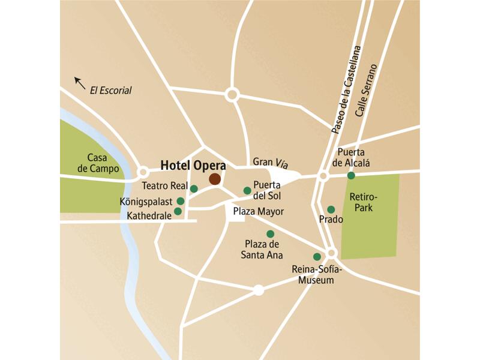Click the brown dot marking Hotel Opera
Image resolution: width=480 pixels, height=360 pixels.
pyautogui.click(x=214, y=179)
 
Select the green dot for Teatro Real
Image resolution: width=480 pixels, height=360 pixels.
pyautogui.click(x=194, y=188)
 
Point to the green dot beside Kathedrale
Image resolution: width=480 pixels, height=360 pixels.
pyautogui.click(x=178, y=211)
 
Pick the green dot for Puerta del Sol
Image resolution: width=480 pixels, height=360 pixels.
pyautogui.click(x=247, y=190)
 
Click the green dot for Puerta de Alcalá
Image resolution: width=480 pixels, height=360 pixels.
pyautogui.click(x=351, y=176)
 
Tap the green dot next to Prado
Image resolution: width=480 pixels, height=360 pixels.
pyautogui.click(x=331, y=209)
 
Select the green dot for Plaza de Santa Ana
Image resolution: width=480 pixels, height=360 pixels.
pyautogui.click(x=270, y=233)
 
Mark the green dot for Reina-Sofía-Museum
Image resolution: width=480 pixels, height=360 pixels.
pyautogui.click(x=317, y=257)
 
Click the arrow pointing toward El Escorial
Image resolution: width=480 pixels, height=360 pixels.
pyautogui.click(x=79, y=82)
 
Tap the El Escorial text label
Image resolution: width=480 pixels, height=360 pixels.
pyautogui.click(x=110, y=91)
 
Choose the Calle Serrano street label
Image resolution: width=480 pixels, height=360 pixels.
pyautogui.click(x=367, y=90)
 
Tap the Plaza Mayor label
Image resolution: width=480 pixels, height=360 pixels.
pyautogui.click(x=259, y=211)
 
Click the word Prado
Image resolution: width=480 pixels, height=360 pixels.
pyautogui.click(x=331, y=220)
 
